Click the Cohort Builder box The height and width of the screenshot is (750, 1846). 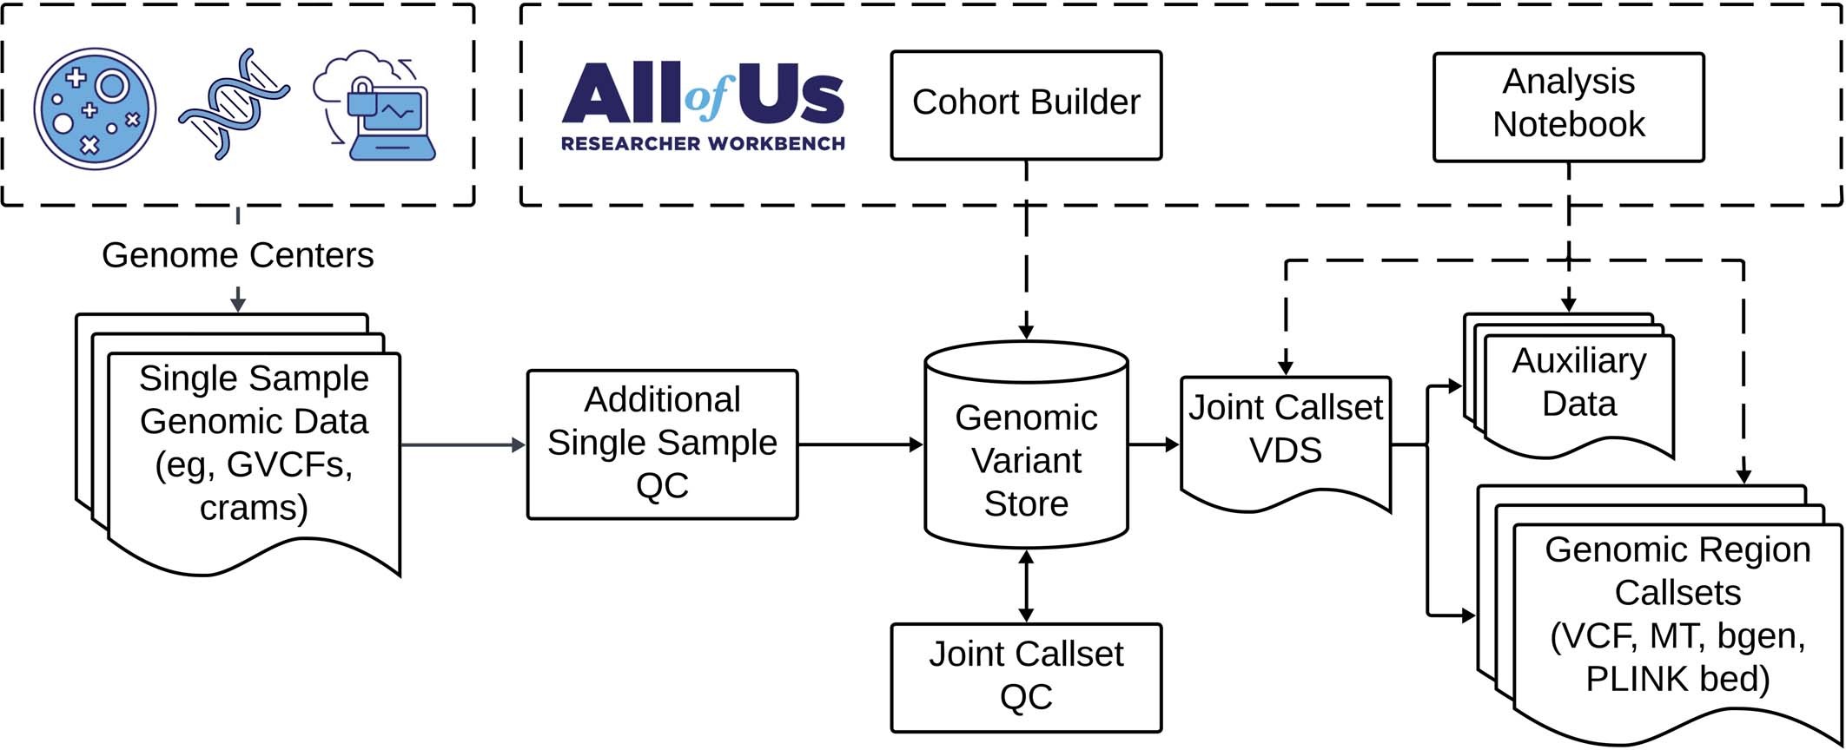click(x=1026, y=104)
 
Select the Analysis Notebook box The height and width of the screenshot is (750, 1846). click(x=1568, y=106)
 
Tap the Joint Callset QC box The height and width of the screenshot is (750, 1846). click(x=1026, y=677)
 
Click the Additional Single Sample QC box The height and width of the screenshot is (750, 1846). click(x=662, y=444)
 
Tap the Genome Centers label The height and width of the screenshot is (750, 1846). click(x=237, y=255)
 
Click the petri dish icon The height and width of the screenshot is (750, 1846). click(x=95, y=109)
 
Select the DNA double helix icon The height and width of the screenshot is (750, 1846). click(x=233, y=104)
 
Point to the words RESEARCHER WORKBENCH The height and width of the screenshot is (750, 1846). click(x=702, y=144)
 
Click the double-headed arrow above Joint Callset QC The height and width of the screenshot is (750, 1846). click(x=1026, y=586)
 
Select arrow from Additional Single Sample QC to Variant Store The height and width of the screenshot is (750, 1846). click(x=860, y=444)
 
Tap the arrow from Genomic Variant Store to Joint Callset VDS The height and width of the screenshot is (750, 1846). click(x=1154, y=444)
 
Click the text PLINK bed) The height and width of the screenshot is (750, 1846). click(x=1677, y=679)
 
